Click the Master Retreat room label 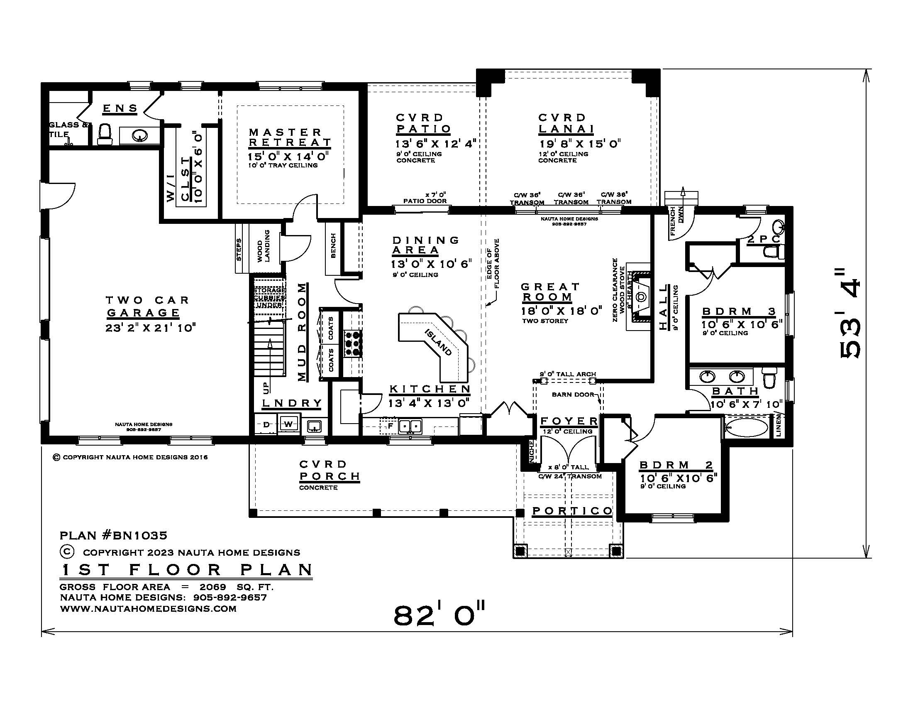click(290, 137)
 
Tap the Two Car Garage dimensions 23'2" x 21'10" click(150, 328)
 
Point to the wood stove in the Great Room click(641, 297)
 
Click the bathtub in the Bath click(746, 428)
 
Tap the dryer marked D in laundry click(266, 424)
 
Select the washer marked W click(289, 424)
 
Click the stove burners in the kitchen click(353, 343)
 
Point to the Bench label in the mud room click(333, 246)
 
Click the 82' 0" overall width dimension click(439, 615)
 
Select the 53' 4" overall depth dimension click(851, 314)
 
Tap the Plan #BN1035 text click(113, 535)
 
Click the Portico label click(572, 511)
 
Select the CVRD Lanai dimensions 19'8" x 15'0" click(579, 144)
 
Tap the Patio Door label click(425, 201)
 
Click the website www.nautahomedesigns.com click(148, 608)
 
